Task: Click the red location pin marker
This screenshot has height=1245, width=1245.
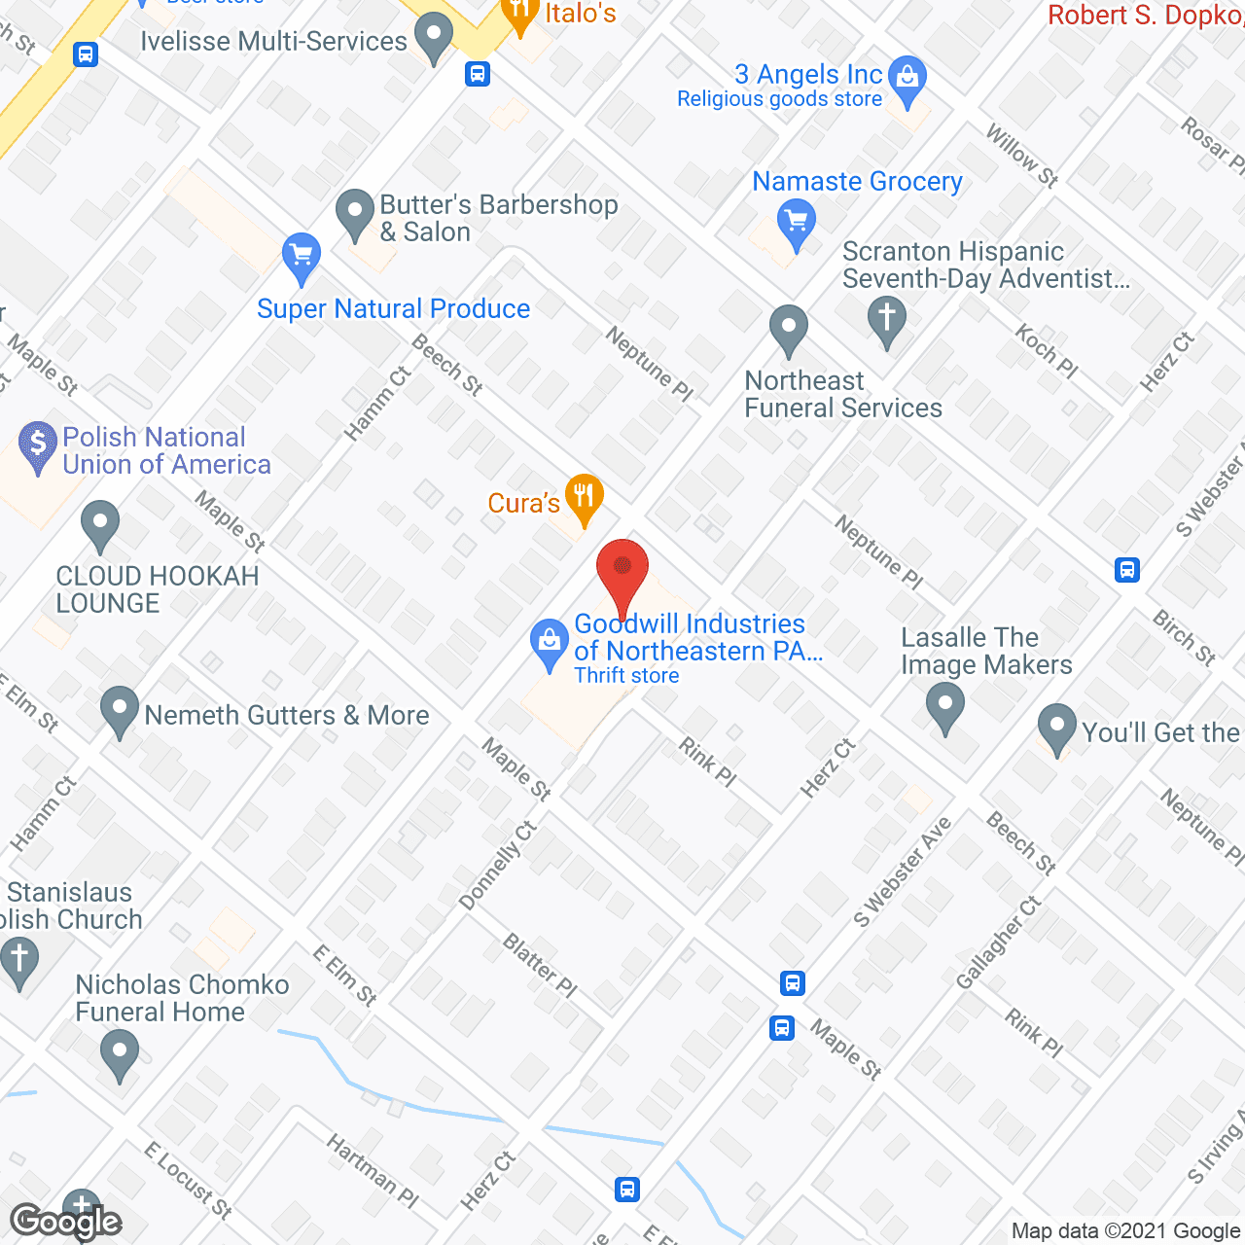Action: click(622, 573)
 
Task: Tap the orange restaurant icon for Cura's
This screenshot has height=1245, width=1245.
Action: click(584, 498)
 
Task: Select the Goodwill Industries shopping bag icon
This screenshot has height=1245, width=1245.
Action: click(550, 644)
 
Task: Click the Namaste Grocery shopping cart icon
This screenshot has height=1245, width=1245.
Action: click(797, 223)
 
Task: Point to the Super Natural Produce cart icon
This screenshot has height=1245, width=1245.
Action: click(302, 256)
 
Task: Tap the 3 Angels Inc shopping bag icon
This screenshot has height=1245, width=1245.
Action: click(907, 81)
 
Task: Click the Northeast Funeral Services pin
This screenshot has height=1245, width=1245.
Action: click(789, 330)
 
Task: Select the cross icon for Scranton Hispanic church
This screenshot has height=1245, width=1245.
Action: click(887, 320)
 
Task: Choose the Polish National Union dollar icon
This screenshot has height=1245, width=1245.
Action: click(38, 445)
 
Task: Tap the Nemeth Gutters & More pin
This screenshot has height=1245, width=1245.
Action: click(120, 710)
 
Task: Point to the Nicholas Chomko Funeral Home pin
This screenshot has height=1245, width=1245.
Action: click(120, 1054)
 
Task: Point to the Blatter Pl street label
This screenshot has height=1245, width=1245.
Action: click(540, 965)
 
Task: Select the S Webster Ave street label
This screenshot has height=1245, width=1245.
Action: click(902, 871)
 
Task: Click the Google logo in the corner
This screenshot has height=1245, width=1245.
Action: click(66, 1222)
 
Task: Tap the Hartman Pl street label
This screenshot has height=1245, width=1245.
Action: click(373, 1171)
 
